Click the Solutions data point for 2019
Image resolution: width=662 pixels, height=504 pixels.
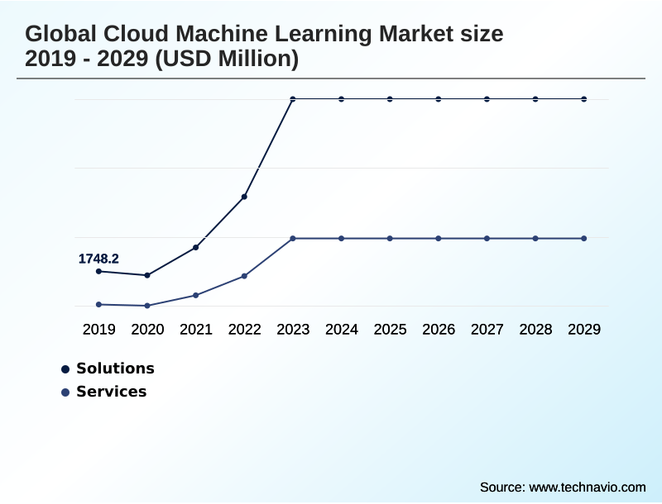98,271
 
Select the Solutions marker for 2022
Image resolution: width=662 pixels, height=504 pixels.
244,197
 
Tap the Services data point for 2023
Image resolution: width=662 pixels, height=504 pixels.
293,238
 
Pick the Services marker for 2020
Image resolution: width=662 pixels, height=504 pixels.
147,306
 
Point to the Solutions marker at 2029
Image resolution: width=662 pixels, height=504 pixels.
584,99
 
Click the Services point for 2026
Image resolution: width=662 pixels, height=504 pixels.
439,238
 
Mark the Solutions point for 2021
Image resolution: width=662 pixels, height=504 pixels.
196,247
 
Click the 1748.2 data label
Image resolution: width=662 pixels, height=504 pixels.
98,259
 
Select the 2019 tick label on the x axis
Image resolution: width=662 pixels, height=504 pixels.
98,330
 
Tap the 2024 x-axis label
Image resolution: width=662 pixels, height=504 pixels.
342,330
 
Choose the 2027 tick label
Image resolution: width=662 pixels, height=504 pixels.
487,330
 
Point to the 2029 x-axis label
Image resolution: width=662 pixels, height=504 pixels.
584,330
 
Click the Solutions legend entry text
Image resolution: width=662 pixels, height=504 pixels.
115,368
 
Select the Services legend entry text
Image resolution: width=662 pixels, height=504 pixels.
111,392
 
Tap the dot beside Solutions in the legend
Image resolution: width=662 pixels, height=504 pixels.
65,369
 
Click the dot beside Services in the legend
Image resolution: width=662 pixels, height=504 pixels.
65,392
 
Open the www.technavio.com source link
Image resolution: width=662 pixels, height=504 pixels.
587,487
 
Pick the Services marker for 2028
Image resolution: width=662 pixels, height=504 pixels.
535,238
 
